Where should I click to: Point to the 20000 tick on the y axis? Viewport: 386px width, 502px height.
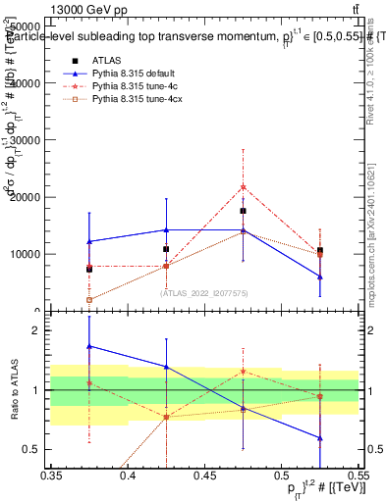pyautogui.click(x=27, y=197)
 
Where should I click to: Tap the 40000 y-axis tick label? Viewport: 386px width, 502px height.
pyautogui.click(x=27, y=83)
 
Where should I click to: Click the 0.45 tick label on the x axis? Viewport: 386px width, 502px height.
pyautogui.click(x=204, y=477)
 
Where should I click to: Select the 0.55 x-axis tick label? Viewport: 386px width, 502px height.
pyautogui.click(x=358, y=477)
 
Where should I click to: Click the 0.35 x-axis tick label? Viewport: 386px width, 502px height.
pyautogui.click(x=51, y=477)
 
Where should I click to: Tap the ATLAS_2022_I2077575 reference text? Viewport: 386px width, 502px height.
pyautogui.click(x=204, y=293)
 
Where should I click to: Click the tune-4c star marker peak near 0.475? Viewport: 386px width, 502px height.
pyautogui.click(x=243, y=186)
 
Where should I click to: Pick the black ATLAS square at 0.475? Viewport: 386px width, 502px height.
pyautogui.click(x=243, y=211)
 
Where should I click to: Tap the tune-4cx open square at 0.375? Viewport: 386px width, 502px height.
pyautogui.click(x=89, y=300)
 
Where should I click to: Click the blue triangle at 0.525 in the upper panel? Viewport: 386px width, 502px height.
pyautogui.click(x=319, y=276)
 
